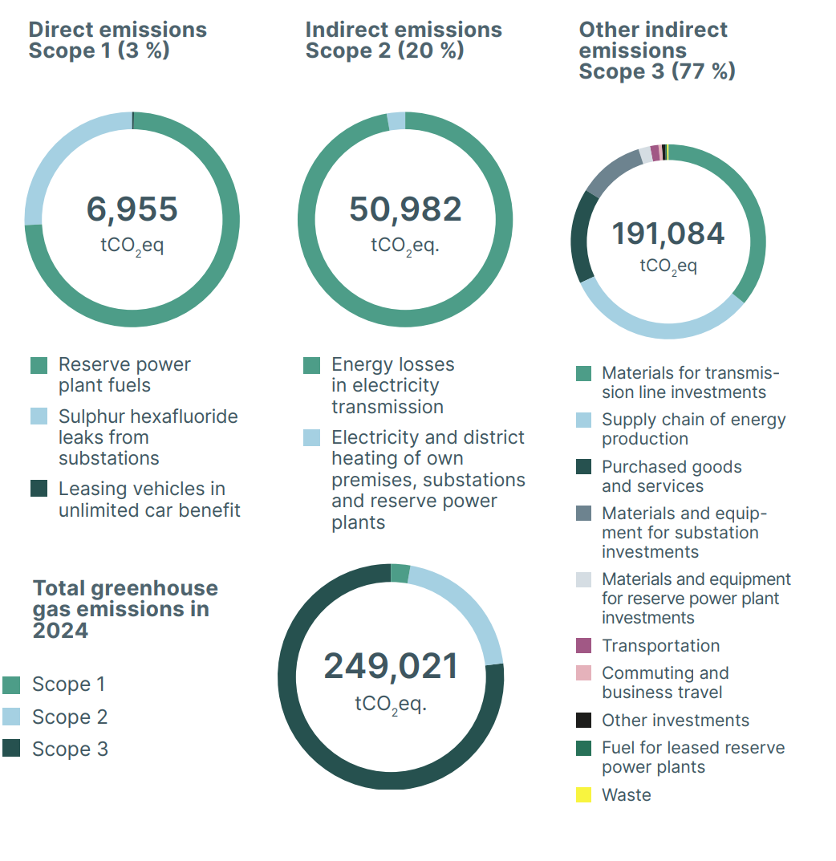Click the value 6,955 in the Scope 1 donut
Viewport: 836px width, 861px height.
point(132,209)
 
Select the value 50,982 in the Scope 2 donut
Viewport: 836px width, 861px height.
point(405,209)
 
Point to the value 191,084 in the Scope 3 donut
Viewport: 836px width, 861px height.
point(668,234)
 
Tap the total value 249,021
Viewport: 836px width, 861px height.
point(391,666)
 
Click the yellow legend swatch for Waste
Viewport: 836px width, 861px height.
point(584,795)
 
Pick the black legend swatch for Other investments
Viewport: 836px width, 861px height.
point(584,721)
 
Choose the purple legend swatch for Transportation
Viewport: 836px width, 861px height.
point(584,646)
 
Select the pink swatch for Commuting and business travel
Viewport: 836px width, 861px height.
point(584,673)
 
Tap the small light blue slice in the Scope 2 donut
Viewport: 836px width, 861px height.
point(396,120)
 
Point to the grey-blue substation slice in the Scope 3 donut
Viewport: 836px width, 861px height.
point(614,172)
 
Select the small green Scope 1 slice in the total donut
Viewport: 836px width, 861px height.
point(400,573)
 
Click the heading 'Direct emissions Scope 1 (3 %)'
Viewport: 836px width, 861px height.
point(118,40)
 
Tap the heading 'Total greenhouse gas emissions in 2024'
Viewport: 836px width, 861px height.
point(124,609)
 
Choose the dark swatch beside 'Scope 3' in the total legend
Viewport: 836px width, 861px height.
point(11,749)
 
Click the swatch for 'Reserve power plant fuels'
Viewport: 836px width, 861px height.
point(39,366)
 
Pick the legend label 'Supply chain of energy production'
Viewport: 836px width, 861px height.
point(693,428)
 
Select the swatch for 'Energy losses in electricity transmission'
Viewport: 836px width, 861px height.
point(312,366)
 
